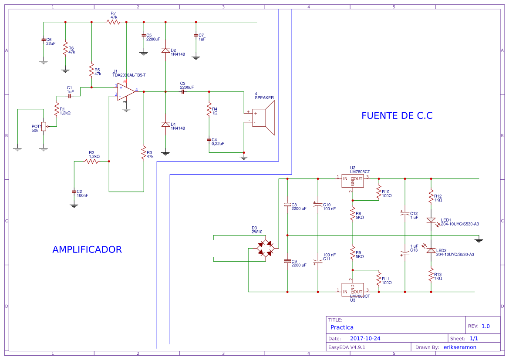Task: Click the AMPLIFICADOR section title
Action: click(x=87, y=250)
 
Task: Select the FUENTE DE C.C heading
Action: click(x=397, y=116)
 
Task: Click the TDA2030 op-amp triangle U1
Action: click(x=126, y=91)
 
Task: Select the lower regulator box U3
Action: click(x=352, y=289)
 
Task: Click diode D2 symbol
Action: click(x=165, y=50)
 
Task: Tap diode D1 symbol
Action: click(x=165, y=124)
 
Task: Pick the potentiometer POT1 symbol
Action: click(x=44, y=126)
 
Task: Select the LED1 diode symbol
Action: click(x=431, y=220)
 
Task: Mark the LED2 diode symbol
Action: click(x=431, y=250)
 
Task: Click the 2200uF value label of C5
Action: click(x=153, y=39)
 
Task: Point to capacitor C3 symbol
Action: click(x=183, y=91)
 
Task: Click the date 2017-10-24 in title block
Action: click(x=365, y=338)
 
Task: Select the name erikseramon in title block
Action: click(x=460, y=347)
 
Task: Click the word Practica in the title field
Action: click(x=342, y=327)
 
